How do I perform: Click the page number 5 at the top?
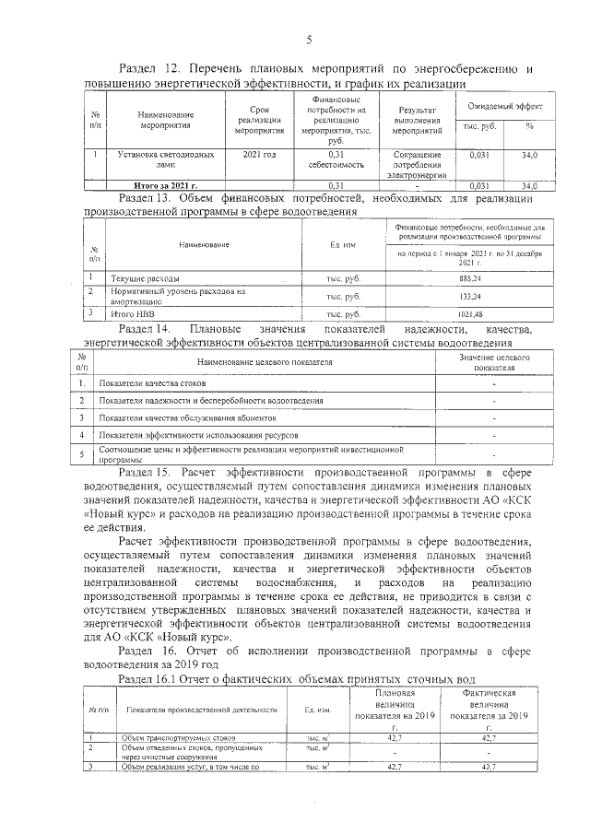[309, 39]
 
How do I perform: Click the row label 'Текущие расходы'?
[139, 276]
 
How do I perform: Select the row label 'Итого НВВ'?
[131, 314]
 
